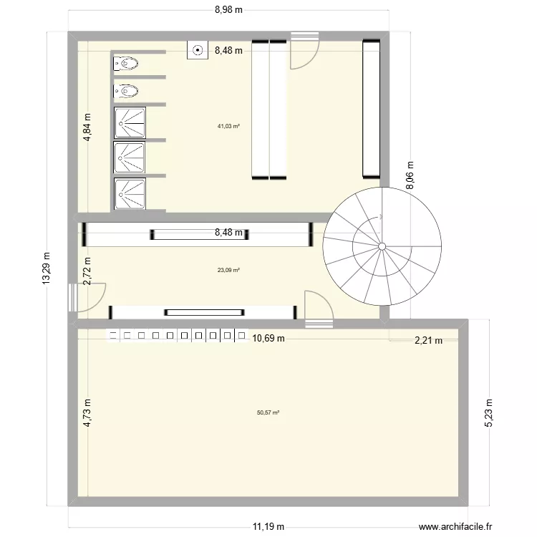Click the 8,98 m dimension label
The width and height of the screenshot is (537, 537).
(228, 9)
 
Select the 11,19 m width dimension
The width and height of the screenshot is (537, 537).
(267, 527)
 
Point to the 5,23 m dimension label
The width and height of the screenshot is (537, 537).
(490, 413)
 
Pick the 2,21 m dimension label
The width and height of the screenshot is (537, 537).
(429, 341)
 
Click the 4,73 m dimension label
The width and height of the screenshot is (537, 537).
(87, 413)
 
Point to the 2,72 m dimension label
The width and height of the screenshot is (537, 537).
(87, 271)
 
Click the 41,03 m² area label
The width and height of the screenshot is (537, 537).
(228, 126)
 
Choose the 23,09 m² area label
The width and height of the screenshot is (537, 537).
(228, 270)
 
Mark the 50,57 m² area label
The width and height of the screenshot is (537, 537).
(268, 412)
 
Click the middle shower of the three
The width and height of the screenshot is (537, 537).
(129, 155)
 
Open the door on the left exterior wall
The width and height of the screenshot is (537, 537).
(74, 297)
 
